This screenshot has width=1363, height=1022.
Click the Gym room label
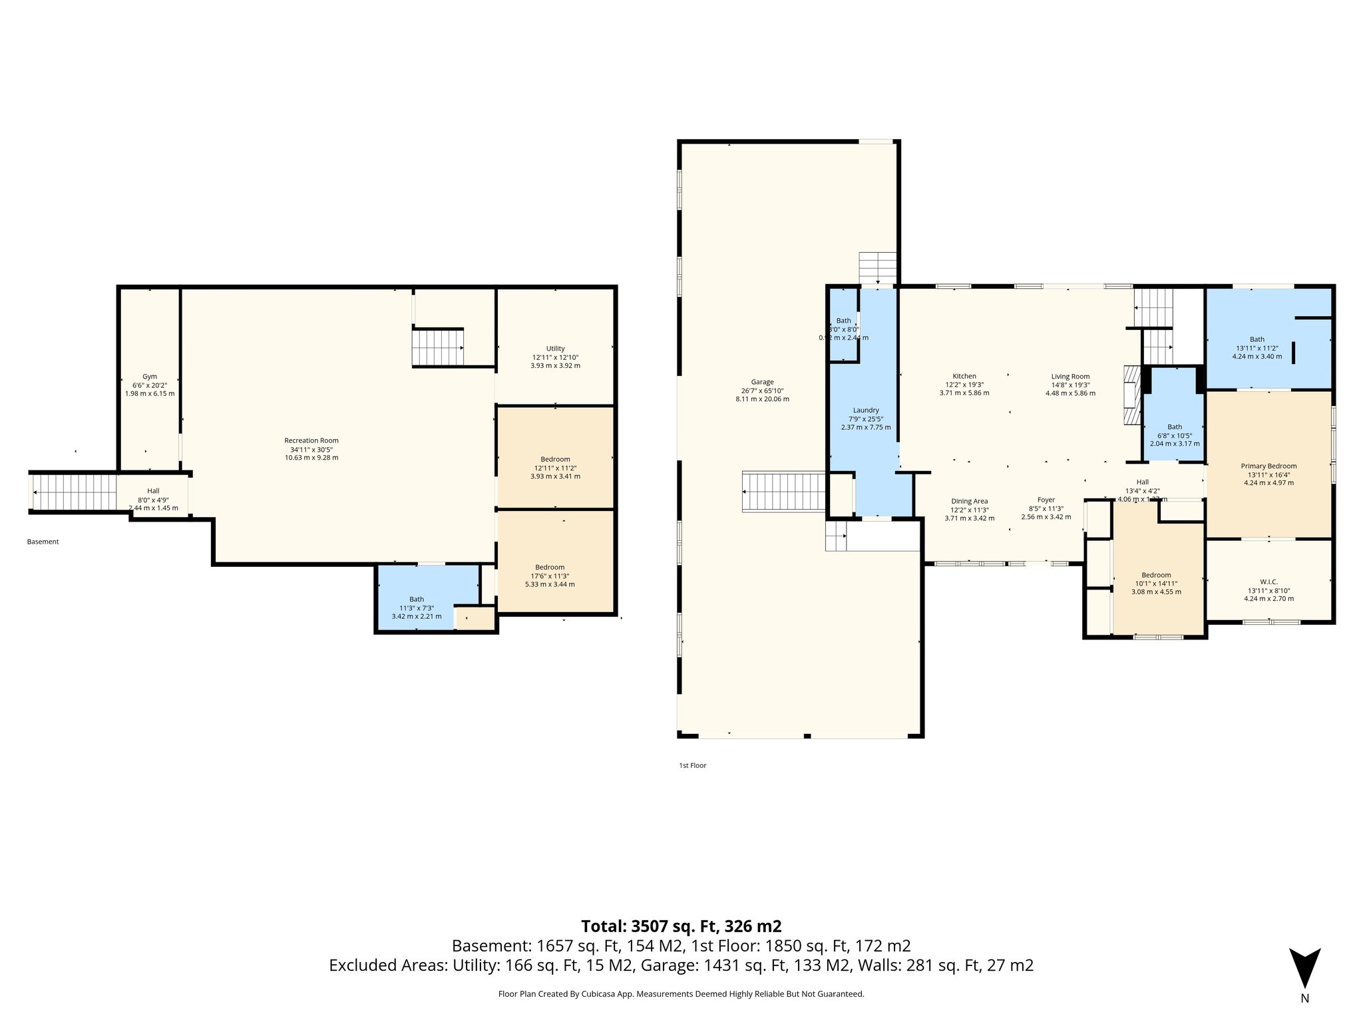click(150, 377)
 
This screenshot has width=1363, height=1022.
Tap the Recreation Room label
click(311, 440)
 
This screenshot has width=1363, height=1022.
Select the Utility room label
click(555, 349)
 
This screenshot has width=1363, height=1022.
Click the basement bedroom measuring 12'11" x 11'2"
click(555, 459)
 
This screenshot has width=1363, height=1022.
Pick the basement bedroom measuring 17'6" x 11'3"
click(550, 568)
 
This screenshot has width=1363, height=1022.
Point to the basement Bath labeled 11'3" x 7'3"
click(417, 599)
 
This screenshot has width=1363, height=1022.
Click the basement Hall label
click(153, 491)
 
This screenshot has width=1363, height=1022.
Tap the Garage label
click(762, 382)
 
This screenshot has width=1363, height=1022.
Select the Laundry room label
click(866, 411)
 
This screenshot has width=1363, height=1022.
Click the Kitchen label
click(964, 377)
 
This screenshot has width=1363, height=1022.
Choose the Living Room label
click(1070, 377)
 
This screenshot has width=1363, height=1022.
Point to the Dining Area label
click(969, 501)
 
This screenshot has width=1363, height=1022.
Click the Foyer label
click(1046, 500)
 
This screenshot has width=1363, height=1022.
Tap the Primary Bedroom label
click(1268, 466)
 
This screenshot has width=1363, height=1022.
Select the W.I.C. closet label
click(1268, 582)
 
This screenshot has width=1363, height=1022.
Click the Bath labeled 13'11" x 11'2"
click(1257, 339)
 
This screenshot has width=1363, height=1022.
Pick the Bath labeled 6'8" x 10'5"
click(1175, 427)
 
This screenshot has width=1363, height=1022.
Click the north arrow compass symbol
click(1304, 969)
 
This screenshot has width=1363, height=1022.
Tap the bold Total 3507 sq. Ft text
click(681, 926)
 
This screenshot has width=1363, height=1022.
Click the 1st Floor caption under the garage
click(692, 766)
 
